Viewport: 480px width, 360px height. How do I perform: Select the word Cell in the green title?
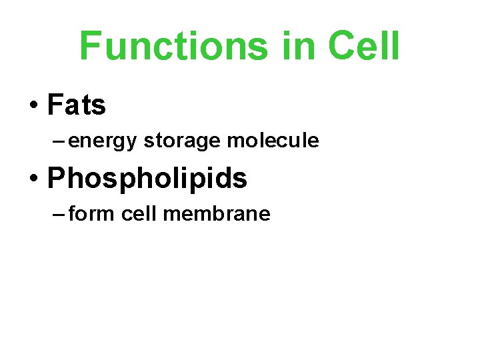pos(363,46)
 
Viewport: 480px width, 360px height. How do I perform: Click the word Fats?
pos(77,105)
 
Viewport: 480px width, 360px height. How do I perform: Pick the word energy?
pos(103,141)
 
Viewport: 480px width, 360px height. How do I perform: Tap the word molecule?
pos(273,141)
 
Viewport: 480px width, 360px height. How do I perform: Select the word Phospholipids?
pos(147,178)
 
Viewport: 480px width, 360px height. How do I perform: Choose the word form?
pos(86,214)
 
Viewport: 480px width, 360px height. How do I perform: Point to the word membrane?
pos(217,214)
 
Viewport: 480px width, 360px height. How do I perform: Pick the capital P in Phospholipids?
pos(56,178)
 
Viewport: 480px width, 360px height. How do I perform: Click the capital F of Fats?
pos(55,105)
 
